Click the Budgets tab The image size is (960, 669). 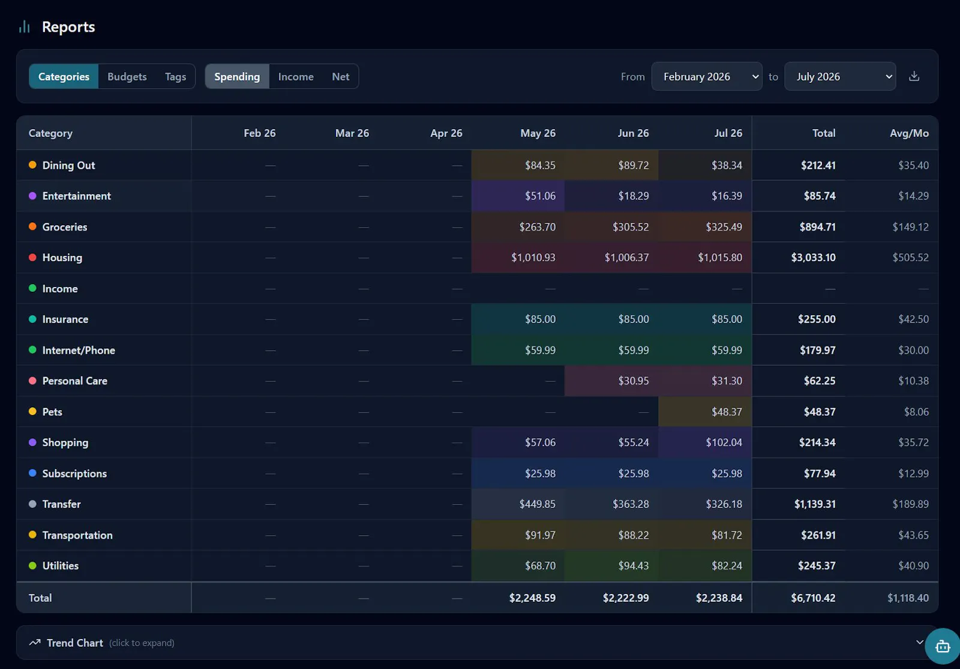127,76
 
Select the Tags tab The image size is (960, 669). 175,76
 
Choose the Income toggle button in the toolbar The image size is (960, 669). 296,76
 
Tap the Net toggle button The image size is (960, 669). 340,76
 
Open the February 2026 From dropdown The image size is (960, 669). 707,76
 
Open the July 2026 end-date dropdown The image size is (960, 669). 840,76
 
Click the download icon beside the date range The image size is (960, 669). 914,76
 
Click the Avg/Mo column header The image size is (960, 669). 909,133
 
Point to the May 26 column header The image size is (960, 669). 538,133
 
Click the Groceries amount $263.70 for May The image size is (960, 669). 538,227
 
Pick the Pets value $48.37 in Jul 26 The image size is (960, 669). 727,412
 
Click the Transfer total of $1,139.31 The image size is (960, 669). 815,504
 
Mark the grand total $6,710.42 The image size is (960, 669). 813,598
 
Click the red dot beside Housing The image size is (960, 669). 32,257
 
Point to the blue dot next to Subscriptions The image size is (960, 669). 32,473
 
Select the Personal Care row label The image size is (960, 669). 74,381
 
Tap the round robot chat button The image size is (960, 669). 943,646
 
